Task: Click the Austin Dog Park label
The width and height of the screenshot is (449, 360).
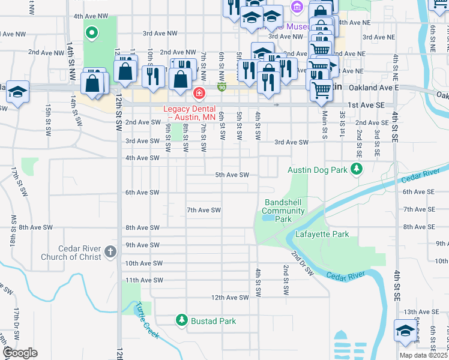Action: tap(318, 170)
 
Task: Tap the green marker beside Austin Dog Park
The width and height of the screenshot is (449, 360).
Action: tap(357, 169)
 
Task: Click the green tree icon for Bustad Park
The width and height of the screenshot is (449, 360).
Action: tap(182, 321)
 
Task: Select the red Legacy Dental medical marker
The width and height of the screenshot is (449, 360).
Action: tap(199, 94)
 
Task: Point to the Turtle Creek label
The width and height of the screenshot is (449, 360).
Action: tap(148, 320)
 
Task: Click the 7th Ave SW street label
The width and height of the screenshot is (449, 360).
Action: tap(204, 210)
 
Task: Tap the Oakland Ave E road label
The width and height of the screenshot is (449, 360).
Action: tap(372, 88)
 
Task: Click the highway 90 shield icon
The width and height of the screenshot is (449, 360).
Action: tap(221, 88)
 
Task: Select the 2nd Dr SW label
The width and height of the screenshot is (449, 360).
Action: tap(303, 263)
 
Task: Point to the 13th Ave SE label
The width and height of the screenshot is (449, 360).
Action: tap(421, 312)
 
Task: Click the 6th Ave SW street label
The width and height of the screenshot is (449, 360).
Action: tap(142, 192)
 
